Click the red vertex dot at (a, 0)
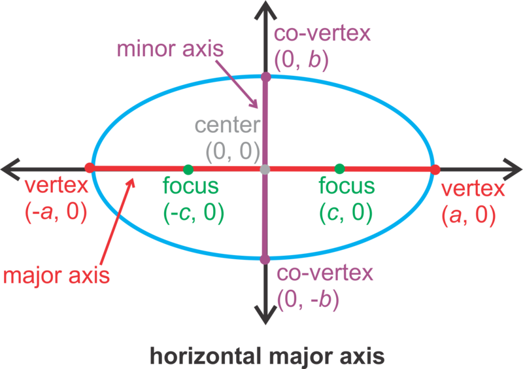click(x=435, y=169)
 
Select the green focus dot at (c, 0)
click(x=339, y=169)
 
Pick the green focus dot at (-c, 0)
click(x=188, y=169)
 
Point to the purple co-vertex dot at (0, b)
click(x=265, y=77)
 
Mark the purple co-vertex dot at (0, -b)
click(x=265, y=260)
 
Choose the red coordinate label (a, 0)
click(x=469, y=215)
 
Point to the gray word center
click(x=226, y=126)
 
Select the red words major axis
click(x=56, y=275)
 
